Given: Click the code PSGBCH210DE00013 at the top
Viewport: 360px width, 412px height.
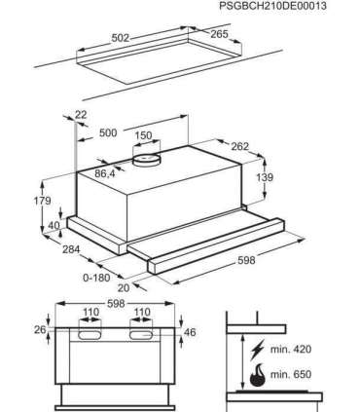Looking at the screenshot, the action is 272,6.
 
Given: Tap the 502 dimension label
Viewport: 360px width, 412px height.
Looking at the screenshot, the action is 121,38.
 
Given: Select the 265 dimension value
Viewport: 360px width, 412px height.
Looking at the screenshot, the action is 220,34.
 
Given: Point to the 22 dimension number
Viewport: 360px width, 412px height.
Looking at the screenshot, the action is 81,115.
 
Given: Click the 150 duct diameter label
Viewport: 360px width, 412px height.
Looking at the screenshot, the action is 143,135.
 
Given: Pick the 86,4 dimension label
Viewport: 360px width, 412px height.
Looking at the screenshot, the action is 105,173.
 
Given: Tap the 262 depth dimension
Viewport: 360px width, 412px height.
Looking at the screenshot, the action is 239,146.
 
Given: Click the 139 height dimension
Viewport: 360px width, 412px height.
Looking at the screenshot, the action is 265,177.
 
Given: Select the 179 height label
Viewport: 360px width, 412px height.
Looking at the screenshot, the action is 43,201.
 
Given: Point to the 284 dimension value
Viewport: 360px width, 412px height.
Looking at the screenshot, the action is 71,249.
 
